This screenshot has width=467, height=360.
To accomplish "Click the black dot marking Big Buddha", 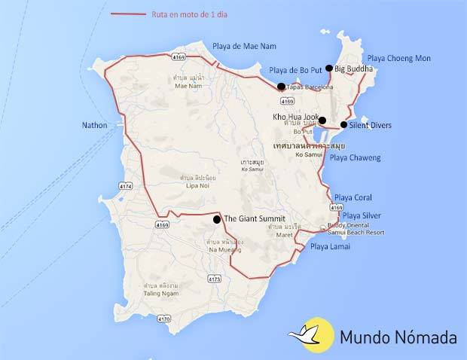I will point(329,68).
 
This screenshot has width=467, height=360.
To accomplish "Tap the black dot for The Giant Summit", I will point(217,219).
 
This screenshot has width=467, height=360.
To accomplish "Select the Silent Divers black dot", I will point(343,124).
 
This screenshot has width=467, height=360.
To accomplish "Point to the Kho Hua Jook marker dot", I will point(322,121).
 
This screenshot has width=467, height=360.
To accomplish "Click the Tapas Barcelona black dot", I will point(281,87).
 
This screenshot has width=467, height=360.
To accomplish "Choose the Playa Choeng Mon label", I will point(398,58).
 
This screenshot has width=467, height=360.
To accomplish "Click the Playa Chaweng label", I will point(356,157).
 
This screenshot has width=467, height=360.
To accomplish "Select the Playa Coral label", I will point(353,197).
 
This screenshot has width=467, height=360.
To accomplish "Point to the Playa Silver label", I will point(362,215).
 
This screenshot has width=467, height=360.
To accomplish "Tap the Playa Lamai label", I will point(329,246).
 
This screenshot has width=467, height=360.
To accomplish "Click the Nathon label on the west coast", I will point(95,126).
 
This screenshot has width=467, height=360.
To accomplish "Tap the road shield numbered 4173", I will point(215,279).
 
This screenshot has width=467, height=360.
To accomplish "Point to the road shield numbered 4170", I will point(163,319).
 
